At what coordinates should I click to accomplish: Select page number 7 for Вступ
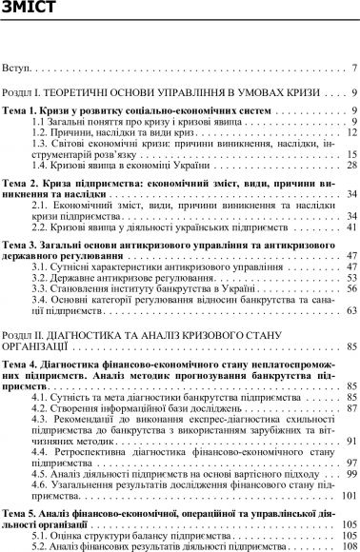353,69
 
